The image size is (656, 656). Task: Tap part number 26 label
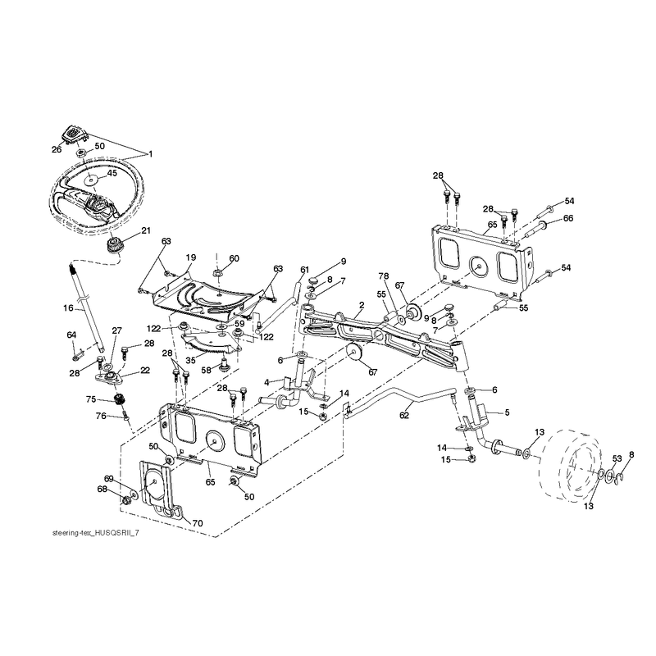click(x=57, y=149)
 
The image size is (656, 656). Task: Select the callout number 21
click(x=146, y=230)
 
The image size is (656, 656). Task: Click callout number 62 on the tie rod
click(x=403, y=415)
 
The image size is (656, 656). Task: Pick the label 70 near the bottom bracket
click(x=197, y=523)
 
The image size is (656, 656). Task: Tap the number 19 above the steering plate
click(x=191, y=257)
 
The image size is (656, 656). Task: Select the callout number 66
click(x=568, y=218)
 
